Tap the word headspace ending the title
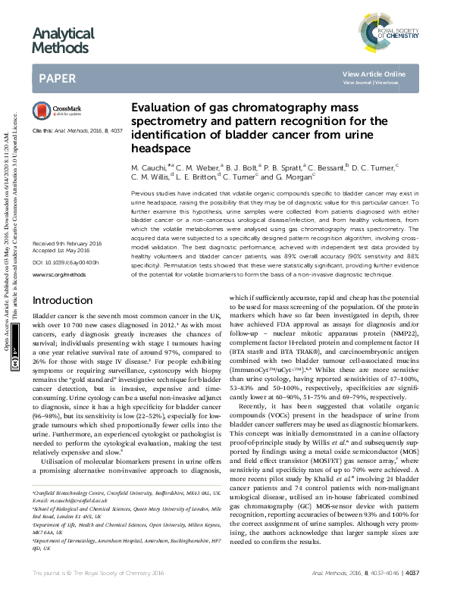pos(158,149)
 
